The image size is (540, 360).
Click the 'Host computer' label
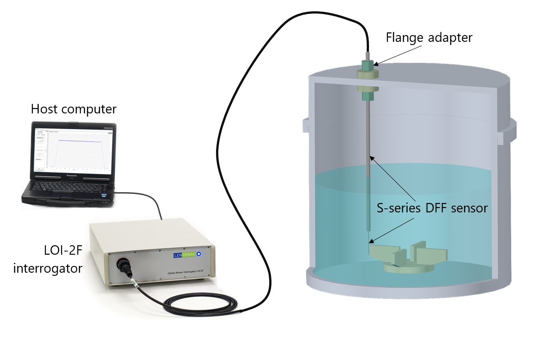pyautogui.click(x=73, y=109)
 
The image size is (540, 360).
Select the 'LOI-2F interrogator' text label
pyautogui.click(x=48, y=261)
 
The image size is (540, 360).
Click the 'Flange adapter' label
pyautogui.click(x=429, y=37)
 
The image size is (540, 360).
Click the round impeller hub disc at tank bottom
pyautogui.click(x=407, y=267)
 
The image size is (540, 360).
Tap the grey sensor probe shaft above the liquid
pyautogui.click(x=369, y=135)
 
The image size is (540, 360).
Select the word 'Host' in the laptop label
pyautogui.click(x=46, y=109)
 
